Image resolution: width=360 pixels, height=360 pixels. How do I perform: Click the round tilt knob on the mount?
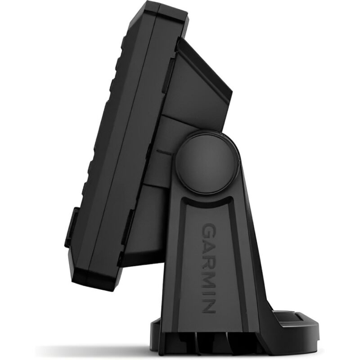(207, 162)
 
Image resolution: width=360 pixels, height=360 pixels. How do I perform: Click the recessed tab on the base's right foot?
(287, 318)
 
